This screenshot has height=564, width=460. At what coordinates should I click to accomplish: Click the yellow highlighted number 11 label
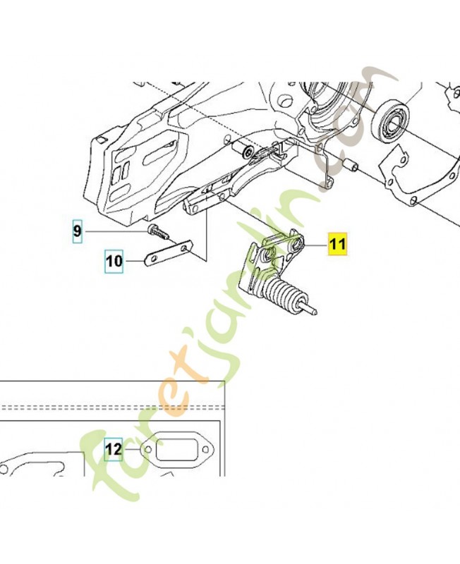click(x=338, y=244)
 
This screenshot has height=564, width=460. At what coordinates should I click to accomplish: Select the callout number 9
click(x=78, y=231)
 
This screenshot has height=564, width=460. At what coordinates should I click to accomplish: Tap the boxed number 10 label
click(x=114, y=261)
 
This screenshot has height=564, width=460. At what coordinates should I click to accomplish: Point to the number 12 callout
click(x=114, y=449)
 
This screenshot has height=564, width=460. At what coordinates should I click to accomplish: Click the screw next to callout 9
click(x=158, y=233)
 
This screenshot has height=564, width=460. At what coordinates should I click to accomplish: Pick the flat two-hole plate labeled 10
click(x=169, y=253)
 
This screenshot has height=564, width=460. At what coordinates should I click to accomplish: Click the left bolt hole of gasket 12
click(x=147, y=450)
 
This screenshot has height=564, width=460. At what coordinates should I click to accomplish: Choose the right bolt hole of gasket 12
click(x=205, y=449)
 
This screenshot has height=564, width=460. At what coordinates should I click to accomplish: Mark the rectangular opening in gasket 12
click(x=176, y=448)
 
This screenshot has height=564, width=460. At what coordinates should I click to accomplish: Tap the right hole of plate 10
click(x=185, y=248)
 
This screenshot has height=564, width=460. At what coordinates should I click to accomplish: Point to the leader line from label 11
click(x=315, y=245)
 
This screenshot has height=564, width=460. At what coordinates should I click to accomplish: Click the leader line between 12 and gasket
click(x=131, y=450)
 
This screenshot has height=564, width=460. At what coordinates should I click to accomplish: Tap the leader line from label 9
click(x=115, y=231)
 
